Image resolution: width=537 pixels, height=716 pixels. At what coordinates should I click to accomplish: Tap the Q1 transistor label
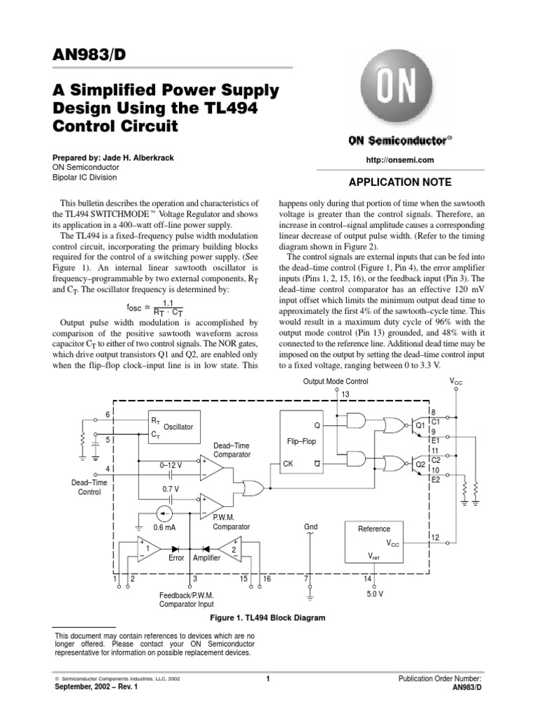pyautogui.click(x=420, y=425)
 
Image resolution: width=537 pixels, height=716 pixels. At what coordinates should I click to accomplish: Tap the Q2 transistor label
pyautogui.click(x=420, y=464)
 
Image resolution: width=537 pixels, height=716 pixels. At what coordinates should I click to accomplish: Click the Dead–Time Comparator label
pyautogui.click(x=232, y=450)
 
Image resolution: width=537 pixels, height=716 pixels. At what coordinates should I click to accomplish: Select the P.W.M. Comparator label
pyautogui.click(x=231, y=522)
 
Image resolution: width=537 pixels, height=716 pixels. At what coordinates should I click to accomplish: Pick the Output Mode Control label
pyautogui.click(x=335, y=382)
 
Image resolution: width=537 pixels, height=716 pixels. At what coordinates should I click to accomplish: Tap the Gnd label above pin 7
pyautogui.click(x=310, y=527)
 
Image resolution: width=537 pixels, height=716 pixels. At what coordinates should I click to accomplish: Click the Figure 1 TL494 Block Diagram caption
pyautogui.click(x=268, y=618)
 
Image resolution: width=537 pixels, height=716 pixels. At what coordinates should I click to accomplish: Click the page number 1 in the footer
pyautogui.click(x=268, y=679)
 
